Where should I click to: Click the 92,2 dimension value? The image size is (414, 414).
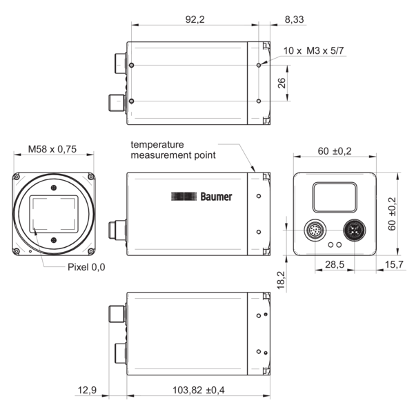tap(195, 19)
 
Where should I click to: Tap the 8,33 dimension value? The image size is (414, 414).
tap(294, 19)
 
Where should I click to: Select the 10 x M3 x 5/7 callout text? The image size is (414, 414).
tap(314, 50)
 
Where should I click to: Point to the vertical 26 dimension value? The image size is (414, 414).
tap(282, 83)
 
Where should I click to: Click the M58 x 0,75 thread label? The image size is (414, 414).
tap(52, 149)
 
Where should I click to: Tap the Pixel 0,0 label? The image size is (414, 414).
tap(86, 267)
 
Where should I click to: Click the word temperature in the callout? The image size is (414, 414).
tap(157, 145)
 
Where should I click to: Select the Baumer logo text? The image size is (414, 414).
tap(216, 197)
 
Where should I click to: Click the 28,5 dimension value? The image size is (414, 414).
tap(335, 264)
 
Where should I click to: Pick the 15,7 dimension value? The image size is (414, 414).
tap(394, 264)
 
